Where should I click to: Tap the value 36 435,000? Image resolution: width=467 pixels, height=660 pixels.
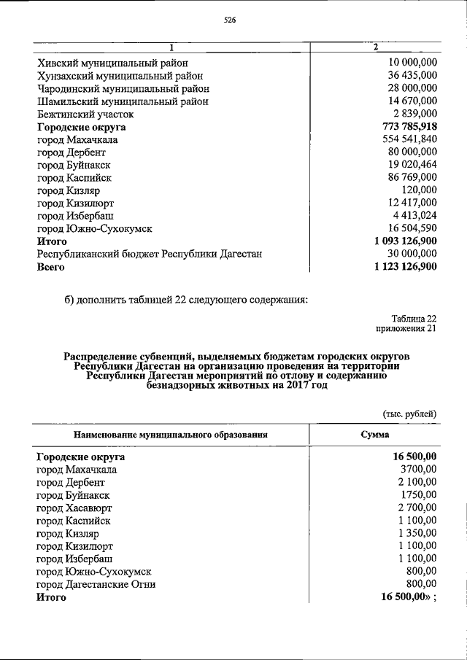413,76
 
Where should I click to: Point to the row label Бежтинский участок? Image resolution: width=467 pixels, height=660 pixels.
85,114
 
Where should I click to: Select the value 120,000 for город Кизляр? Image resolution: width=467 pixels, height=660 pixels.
419,190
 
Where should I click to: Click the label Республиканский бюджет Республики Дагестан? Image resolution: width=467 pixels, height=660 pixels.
150,254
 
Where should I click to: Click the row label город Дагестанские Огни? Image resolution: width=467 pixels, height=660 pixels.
96,584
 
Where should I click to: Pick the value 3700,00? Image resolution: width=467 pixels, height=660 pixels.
416,470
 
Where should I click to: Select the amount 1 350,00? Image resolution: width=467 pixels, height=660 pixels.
416,533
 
